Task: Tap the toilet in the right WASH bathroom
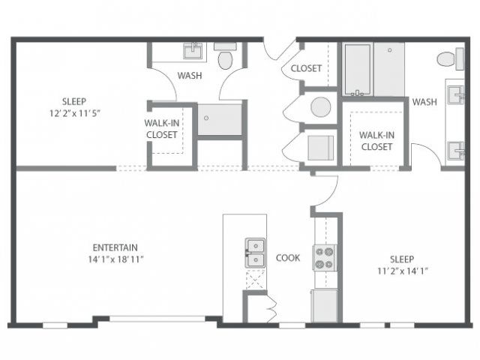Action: pos(451,58)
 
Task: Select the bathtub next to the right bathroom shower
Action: pos(358,70)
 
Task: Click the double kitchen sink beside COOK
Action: pos(255,253)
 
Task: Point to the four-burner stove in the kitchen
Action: pos(325,257)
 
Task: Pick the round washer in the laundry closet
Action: pos(320,107)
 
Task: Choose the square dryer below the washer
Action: pos(320,148)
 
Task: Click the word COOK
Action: pos(288,258)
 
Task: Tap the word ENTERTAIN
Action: pos(115,247)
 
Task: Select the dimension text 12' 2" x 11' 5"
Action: pos(75,113)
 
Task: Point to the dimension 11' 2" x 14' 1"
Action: pos(402,271)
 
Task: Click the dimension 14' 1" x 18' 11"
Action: pos(115,259)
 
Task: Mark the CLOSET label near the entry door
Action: pos(306,68)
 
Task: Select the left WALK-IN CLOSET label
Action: pos(162,129)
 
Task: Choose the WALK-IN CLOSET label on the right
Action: pos(376,141)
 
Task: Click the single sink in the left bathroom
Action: pos(193,51)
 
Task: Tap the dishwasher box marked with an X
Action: pos(255,280)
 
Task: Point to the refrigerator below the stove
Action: pos(324,306)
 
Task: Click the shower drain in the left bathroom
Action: pos(206,118)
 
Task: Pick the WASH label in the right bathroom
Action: pos(424,102)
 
